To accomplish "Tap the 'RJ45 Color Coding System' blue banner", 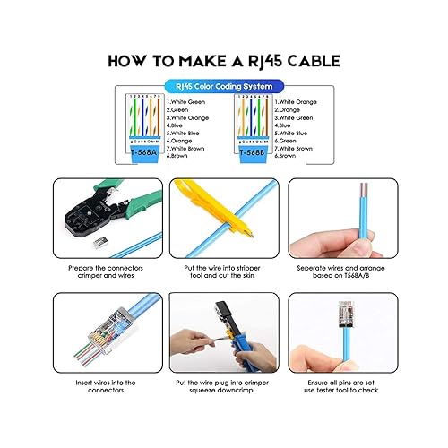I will coord(224,87).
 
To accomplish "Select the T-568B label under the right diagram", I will coord(254,152).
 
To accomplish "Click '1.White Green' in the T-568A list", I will coord(186,101).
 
